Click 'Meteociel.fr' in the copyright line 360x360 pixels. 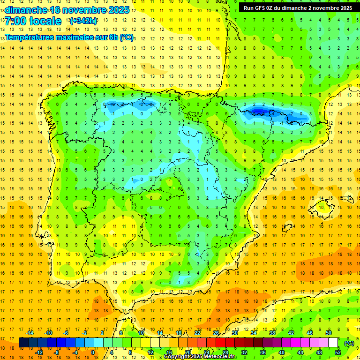(218, 357)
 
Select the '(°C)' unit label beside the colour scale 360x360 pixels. (349, 343)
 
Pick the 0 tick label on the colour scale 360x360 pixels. (92, 352)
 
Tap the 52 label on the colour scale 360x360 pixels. (338, 352)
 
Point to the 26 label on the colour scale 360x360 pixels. (216, 333)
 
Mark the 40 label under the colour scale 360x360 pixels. (282, 352)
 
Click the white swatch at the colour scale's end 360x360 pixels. (333, 343)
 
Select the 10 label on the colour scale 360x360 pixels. (141, 333)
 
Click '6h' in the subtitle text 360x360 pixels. (112, 37)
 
